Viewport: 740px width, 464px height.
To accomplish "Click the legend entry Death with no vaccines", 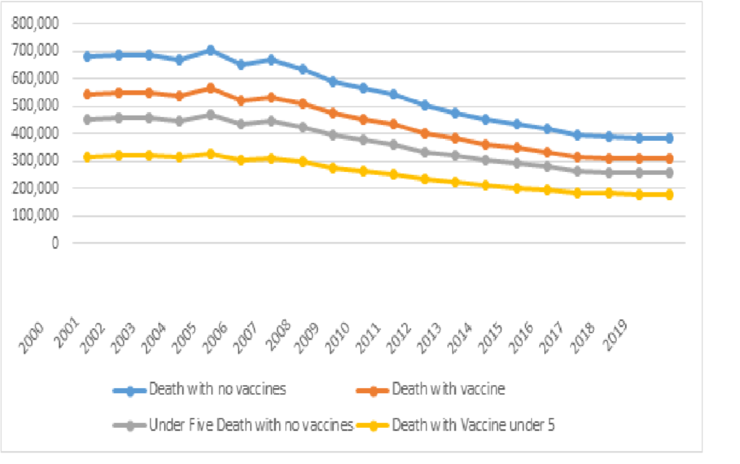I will (218, 389).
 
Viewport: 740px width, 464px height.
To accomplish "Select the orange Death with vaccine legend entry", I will (448, 389).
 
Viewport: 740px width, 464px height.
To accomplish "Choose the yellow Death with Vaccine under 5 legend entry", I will (473, 425).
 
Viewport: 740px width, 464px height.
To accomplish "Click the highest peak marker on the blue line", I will (210, 50).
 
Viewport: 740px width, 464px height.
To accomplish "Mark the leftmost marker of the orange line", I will (87, 94).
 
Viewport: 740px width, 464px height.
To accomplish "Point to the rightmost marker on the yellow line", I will (669, 194).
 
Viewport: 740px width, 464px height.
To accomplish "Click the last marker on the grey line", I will (669, 172).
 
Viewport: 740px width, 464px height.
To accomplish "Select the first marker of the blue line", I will (87, 56).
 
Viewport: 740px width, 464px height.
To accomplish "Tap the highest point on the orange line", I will (210, 88).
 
